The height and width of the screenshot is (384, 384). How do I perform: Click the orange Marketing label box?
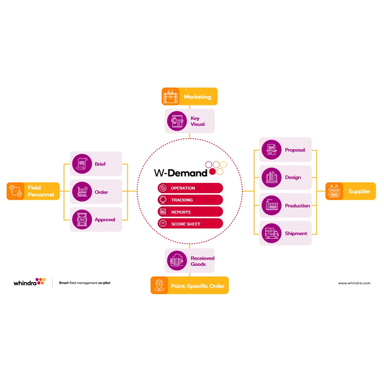point(190,96)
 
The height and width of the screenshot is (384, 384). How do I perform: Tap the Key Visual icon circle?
point(177,121)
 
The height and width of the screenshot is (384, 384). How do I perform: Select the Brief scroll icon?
point(82,164)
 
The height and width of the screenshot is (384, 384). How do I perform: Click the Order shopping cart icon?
point(82,192)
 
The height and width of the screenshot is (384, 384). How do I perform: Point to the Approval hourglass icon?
point(82,219)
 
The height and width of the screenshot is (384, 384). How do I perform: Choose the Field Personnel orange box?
point(33,191)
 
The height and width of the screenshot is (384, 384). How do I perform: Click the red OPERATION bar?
point(190,188)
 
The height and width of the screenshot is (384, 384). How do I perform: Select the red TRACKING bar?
point(190,200)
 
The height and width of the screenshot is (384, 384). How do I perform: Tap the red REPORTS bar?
point(190,212)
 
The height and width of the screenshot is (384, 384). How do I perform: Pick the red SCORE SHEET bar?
point(190,224)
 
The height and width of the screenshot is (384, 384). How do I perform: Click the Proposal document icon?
point(272,150)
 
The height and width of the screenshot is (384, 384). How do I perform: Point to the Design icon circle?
point(272,177)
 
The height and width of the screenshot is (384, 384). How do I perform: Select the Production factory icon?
point(272,205)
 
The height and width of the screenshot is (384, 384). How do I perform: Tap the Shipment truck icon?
point(272,233)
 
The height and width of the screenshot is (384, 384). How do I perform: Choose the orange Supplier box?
point(350,191)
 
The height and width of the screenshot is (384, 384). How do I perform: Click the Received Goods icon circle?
point(177,261)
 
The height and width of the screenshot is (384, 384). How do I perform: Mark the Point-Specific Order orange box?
point(190,286)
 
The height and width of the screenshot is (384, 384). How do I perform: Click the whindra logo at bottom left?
point(29,283)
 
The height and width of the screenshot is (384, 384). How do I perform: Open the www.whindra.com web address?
point(354,283)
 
